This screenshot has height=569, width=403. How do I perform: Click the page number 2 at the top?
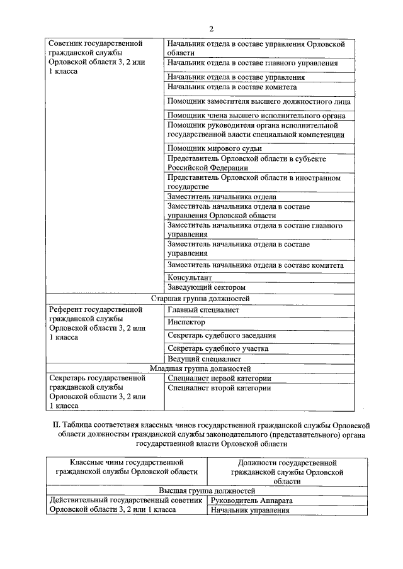212,29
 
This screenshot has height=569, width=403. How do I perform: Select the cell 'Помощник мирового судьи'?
214,148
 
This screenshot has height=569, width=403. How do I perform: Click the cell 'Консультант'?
189,277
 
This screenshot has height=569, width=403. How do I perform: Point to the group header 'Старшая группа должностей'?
201,298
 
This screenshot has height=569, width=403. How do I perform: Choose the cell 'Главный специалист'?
203,309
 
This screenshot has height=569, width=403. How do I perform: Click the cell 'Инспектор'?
186,322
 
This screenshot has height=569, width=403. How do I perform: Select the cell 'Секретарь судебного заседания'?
221,335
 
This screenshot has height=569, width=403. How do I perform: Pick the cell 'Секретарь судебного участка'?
218,348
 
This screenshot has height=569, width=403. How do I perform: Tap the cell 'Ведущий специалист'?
204,358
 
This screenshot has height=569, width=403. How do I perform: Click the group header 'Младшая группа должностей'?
200,368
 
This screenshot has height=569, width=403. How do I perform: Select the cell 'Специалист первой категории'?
219,378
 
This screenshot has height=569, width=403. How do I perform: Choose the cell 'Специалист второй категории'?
219,389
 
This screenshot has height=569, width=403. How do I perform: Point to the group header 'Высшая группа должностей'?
207,490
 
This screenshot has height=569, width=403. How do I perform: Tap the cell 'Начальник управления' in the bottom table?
251,510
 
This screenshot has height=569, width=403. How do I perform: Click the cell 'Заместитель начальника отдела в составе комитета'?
255,265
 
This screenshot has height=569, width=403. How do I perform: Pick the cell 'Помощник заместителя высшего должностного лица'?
259,101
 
